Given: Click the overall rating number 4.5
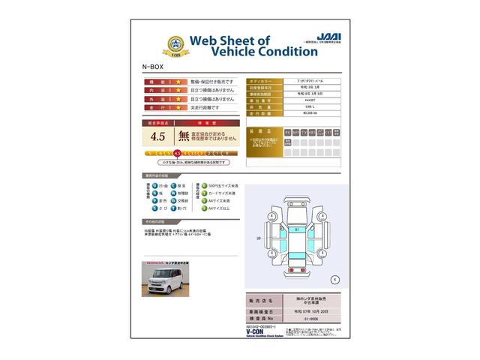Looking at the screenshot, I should (x=157, y=136).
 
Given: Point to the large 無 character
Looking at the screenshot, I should (x=183, y=136).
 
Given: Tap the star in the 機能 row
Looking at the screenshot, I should (x=178, y=81).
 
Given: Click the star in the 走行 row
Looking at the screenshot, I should (x=178, y=108).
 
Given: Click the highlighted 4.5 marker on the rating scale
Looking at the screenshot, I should (x=177, y=153).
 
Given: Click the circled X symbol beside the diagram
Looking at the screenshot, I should (x=334, y=279).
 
